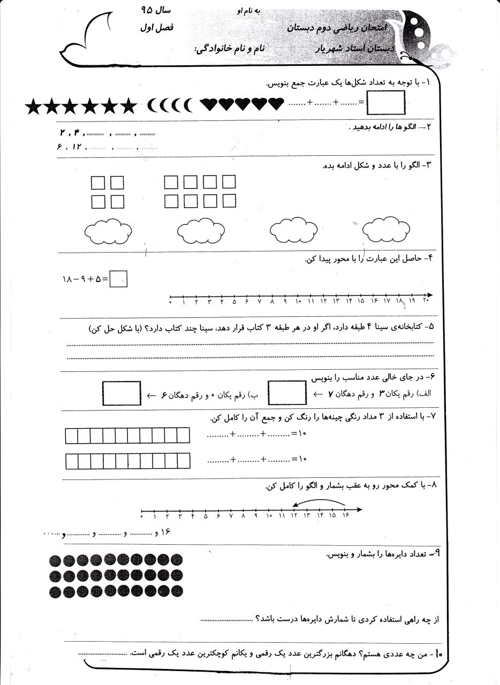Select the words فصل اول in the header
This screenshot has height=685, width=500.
[x=156, y=27]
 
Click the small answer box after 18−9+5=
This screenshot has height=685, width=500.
[x=118, y=279]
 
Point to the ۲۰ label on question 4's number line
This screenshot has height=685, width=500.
[x=426, y=302]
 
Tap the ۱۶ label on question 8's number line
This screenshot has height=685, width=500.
[x=345, y=516]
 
